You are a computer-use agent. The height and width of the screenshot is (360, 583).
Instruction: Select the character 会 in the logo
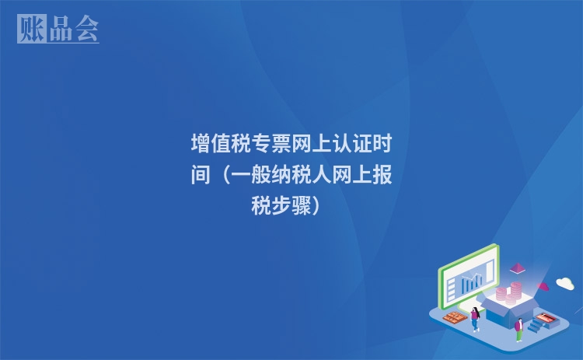[x=86, y=29]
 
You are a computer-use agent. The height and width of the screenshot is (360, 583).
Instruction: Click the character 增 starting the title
[x=201, y=145]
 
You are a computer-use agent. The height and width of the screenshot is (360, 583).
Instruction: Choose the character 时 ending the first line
[x=382, y=145]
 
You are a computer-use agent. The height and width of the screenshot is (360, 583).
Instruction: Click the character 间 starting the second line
[x=201, y=176]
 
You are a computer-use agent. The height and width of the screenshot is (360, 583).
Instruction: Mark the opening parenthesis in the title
[x=225, y=176]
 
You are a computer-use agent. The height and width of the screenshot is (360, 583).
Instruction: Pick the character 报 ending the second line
[x=382, y=176]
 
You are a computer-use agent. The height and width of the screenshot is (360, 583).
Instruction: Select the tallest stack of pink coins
[x=514, y=292]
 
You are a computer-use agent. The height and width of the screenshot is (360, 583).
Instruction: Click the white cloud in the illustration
[x=565, y=283]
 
